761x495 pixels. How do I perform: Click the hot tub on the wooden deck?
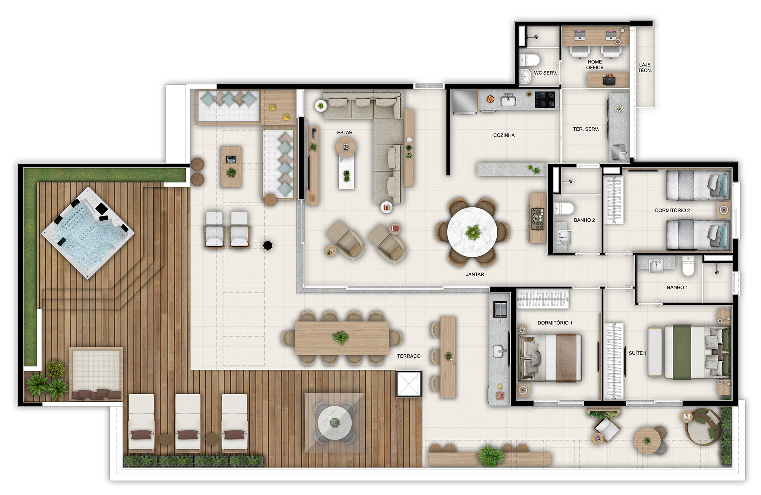[88, 233]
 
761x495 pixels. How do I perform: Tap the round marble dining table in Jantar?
[472, 231]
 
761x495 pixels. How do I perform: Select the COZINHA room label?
[504, 135]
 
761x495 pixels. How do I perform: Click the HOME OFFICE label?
[595, 65]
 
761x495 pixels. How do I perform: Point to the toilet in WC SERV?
[530, 60]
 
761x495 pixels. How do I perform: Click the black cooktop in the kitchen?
[545, 100]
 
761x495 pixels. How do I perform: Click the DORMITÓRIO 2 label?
[672, 210]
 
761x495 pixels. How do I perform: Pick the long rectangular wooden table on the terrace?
[342, 338]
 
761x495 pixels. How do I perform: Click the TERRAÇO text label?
[409, 356]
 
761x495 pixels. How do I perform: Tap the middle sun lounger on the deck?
[188, 422]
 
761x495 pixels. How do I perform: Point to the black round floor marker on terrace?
[267, 245]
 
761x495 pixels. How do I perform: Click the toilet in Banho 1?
[688, 266]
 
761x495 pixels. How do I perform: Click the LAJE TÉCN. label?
[645, 68]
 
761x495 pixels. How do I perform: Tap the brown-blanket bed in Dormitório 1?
[550, 358]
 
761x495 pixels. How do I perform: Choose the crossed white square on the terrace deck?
[409, 384]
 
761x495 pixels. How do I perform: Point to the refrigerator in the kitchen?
[464, 102]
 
